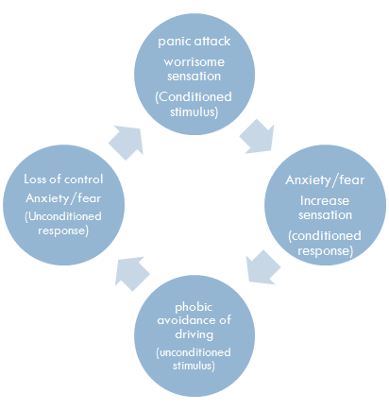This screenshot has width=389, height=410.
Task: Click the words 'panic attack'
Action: coord(194,42)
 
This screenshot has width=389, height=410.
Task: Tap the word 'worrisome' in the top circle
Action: coord(194,61)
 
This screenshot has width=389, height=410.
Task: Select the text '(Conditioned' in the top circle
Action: coord(194,97)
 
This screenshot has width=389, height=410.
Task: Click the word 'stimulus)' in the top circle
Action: coord(194,111)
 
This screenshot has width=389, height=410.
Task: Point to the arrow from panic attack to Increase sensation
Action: coord(257,137)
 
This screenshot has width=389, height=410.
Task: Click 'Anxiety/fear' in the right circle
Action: coord(325,180)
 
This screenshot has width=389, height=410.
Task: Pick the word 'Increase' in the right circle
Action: coord(325,200)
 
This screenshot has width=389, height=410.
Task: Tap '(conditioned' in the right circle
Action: coord(325,236)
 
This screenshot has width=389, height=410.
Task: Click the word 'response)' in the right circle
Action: coord(326,251)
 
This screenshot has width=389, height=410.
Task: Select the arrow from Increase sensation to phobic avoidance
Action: coord(262,267)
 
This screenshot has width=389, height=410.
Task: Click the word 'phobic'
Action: coord(194,307)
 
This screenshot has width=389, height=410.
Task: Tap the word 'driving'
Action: coord(194,334)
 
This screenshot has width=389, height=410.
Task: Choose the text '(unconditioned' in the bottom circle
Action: coord(194,352)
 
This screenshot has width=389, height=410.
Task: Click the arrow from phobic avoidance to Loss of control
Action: coord(131,273)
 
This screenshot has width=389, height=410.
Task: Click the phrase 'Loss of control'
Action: coord(63,179)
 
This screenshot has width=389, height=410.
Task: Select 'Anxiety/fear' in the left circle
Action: coord(63,198)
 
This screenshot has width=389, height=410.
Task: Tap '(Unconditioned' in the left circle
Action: coord(63,216)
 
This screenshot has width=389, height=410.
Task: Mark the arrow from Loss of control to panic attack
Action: coord(127,143)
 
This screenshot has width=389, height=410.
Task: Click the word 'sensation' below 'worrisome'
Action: coord(194,77)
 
